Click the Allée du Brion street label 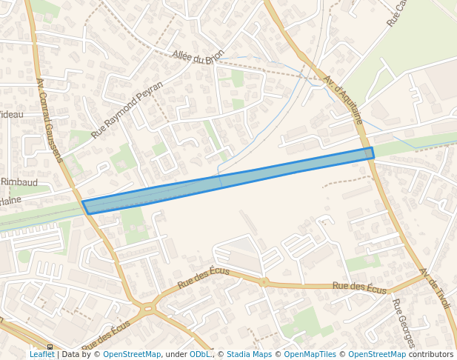[x=197, y=56]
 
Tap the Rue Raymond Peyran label [x=127, y=110]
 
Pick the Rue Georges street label [x=403, y=323]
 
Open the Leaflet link [x=42, y=354]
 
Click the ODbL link [x=200, y=354]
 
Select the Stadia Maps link [x=249, y=354]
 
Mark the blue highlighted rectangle [x=228, y=181]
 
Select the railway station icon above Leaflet [x=50, y=347]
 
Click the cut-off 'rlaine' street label [x=10, y=200]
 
